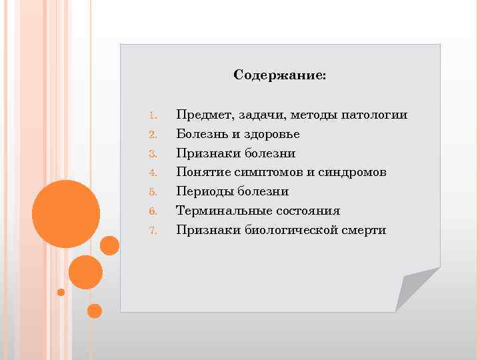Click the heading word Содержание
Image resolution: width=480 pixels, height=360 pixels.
(x=279, y=75)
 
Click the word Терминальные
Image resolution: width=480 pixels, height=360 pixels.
(x=219, y=211)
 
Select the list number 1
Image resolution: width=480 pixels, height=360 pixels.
(x=152, y=116)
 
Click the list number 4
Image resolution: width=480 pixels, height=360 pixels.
(x=152, y=173)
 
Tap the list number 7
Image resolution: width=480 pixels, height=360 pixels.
(x=152, y=231)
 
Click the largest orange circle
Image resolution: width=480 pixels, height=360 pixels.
(x=66, y=214)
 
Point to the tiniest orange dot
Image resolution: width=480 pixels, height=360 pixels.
(x=61, y=292)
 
